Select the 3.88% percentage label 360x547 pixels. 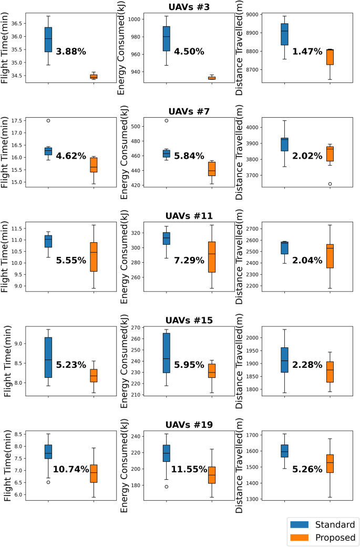click(x=71, y=51)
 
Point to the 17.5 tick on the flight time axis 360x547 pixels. click(x=16, y=121)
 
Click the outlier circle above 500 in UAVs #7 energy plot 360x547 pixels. click(x=166, y=120)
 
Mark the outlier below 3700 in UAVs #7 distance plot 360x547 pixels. click(x=330, y=184)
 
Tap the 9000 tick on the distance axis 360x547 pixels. click(x=251, y=15)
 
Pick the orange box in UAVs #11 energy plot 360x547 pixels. click(x=212, y=257)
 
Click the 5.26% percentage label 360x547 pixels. click(x=307, y=469)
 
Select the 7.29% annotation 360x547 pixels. click(x=189, y=260)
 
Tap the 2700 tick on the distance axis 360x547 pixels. click(x=251, y=229)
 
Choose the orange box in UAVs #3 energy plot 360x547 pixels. click(x=212, y=78)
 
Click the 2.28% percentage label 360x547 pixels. click(x=307, y=365)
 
